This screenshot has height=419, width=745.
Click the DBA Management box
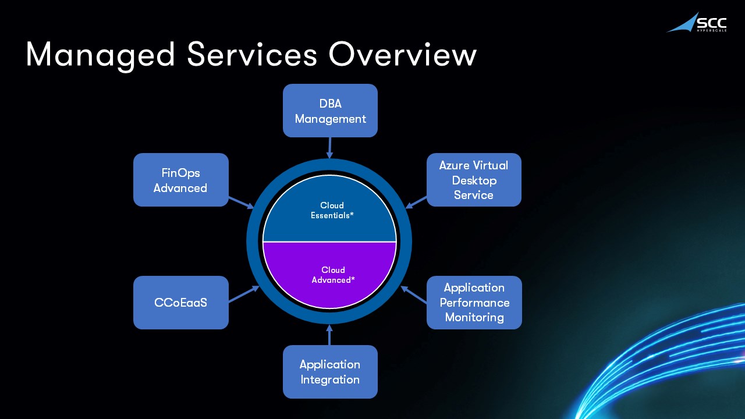tap(330, 111)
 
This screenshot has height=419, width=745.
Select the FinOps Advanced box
tap(180, 180)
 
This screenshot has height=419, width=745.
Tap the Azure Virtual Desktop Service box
tap(474, 180)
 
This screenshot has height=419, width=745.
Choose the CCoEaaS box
tap(180, 303)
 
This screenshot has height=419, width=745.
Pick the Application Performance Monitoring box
tap(474, 303)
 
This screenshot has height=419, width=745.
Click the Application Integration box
tap(330, 372)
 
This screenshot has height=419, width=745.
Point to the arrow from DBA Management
tap(330, 148)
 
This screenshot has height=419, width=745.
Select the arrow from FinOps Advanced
tap(241, 203)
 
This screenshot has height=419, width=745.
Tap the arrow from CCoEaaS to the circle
tap(243, 294)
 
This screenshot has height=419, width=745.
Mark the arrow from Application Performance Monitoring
tap(414, 294)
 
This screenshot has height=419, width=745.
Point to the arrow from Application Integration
tap(329, 335)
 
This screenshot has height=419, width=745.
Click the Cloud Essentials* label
tap(332, 210)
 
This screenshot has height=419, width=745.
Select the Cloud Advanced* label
tap(333, 275)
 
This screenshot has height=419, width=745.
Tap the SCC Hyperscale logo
tap(697, 23)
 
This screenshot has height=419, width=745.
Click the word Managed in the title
tap(100, 55)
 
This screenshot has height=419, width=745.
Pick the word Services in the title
tap(252, 55)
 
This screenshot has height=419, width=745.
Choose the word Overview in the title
tap(402, 55)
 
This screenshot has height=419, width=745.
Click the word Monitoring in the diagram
tap(474, 317)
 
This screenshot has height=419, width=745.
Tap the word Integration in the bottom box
tap(330, 379)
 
